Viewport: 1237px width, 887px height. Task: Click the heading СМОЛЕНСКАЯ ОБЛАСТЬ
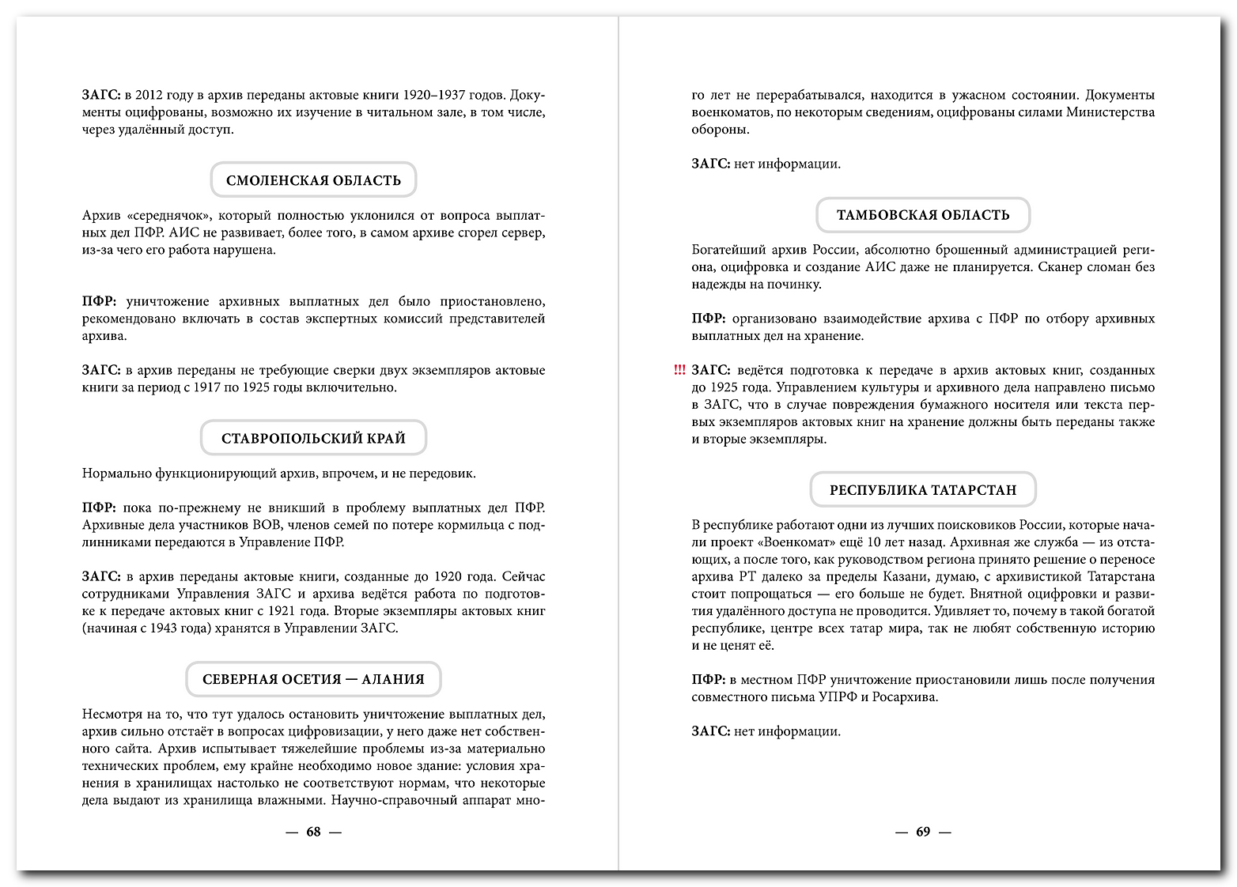[313, 180]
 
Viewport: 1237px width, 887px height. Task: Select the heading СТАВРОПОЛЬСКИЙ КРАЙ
[313, 438]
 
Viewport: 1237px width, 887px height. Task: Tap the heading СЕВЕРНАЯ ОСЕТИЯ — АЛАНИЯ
[313, 679]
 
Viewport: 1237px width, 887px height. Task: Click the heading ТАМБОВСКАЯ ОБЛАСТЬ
[923, 215]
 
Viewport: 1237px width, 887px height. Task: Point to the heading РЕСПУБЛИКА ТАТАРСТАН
[923, 490]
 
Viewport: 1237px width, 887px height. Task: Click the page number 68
[313, 832]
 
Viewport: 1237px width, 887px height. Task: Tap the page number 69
[923, 832]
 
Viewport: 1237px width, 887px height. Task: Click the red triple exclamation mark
[679, 370]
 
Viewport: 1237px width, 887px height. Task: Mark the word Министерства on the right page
[1110, 112]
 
